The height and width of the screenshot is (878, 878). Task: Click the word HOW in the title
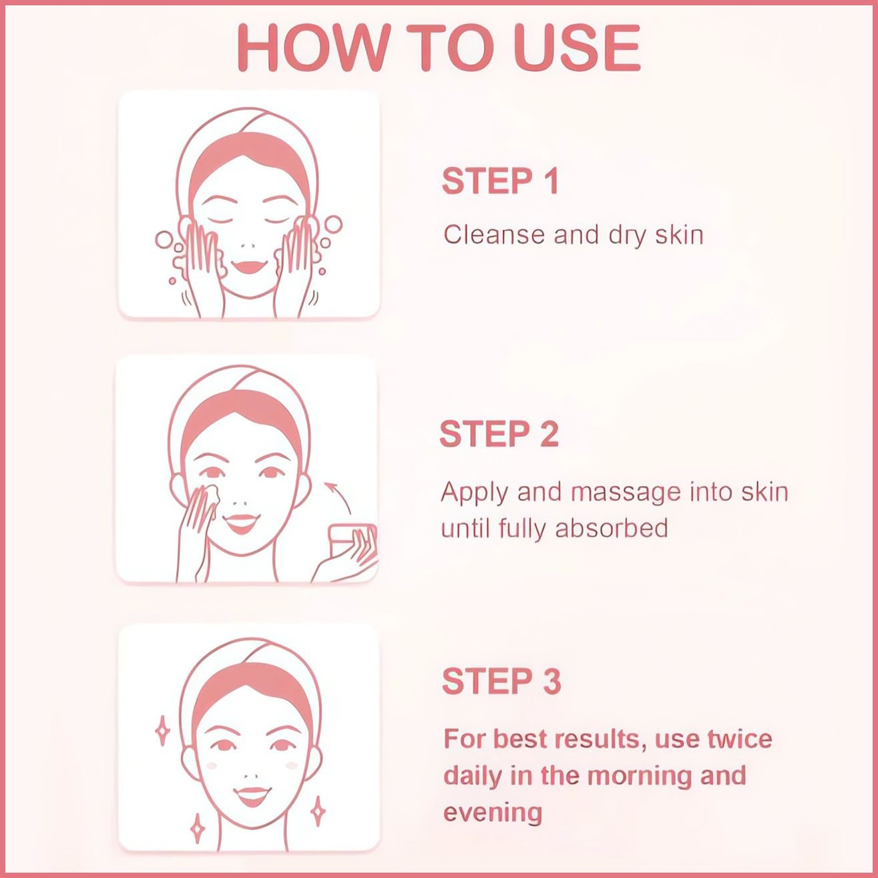[314, 47]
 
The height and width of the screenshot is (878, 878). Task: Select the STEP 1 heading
[500, 182]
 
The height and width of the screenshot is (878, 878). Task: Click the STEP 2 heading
[499, 433]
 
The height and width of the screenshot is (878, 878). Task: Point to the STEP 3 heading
[501, 682]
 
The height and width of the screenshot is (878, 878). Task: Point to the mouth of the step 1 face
[248, 266]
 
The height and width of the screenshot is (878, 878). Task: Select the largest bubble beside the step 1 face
[333, 224]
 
